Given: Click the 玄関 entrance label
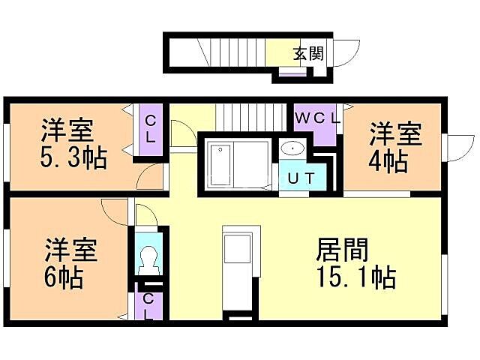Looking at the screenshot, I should pos(307,53).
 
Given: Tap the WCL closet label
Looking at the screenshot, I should pos(317,118).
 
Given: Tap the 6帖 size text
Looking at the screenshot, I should pos(63,277).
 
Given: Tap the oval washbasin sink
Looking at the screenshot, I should pos(293,148).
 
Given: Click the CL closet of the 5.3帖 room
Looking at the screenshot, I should pos(150,129).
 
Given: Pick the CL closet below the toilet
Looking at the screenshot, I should pos(148,305).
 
